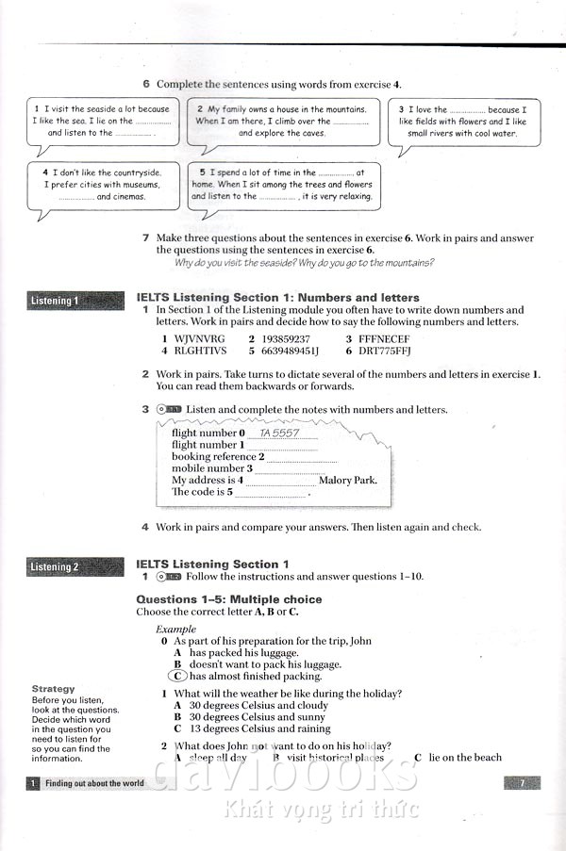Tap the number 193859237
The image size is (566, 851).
[286, 338]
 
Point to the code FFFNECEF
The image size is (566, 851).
[384, 338]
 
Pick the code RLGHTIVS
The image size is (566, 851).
[201, 352]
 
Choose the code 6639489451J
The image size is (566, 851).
[291, 352]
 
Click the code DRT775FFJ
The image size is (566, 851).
[387, 352]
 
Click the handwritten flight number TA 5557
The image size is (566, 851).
[279, 433]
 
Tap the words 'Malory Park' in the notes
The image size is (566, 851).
[348, 480]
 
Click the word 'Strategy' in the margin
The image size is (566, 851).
[53, 689]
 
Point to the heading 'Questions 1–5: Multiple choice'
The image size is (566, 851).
[229, 599]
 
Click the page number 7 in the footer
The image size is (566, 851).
[523, 782]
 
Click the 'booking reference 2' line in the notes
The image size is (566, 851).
[218, 457]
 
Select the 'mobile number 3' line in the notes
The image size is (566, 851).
[212, 468]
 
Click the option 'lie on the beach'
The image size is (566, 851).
[465, 757]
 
